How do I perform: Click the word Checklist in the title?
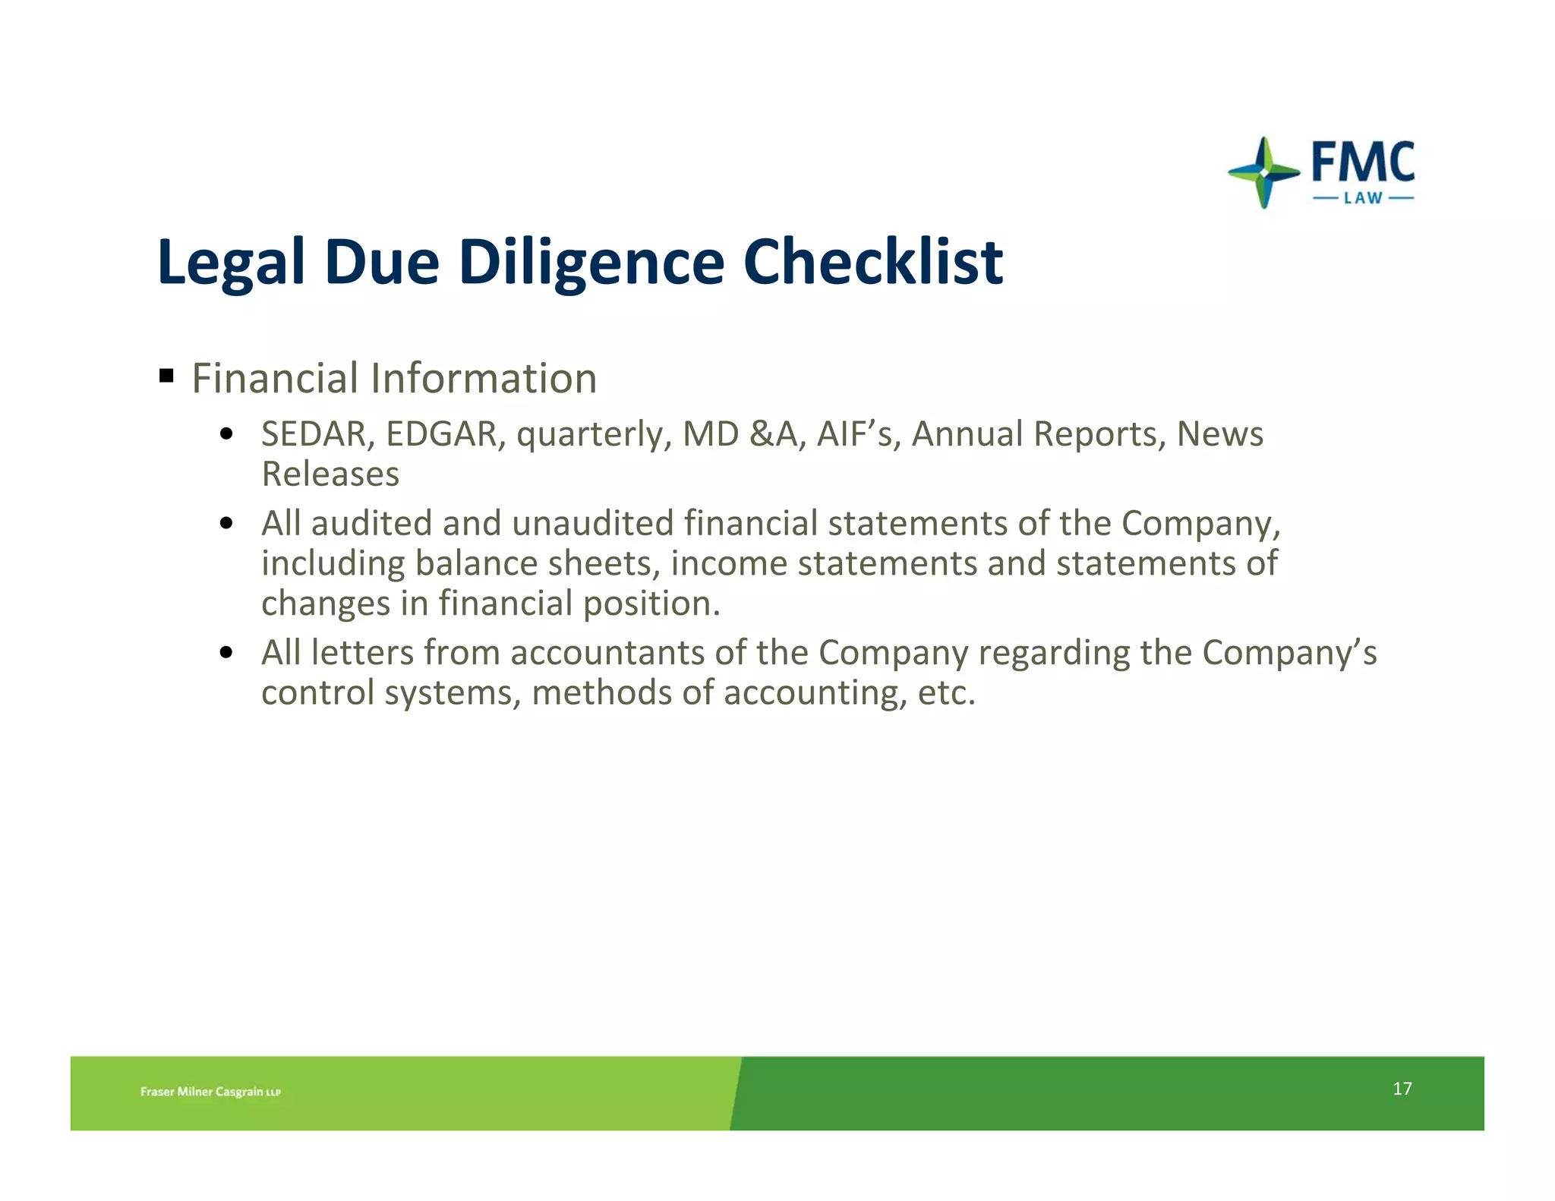pyautogui.click(x=873, y=262)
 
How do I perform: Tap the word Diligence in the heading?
pyautogui.click(x=591, y=262)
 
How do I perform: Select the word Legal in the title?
pyautogui.click(x=231, y=262)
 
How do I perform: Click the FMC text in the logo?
pyautogui.click(x=1363, y=162)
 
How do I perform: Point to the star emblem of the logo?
pyautogui.click(x=1263, y=173)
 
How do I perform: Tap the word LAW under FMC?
pyautogui.click(x=1363, y=198)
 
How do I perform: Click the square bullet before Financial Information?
pyautogui.click(x=167, y=376)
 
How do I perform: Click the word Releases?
pyautogui.click(x=330, y=474)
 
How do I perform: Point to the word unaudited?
pyautogui.click(x=592, y=523)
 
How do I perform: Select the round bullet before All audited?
pyautogui.click(x=226, y=523)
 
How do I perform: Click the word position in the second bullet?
pyautogui.click(x=651, y=604)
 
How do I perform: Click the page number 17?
pyautogui.click(x=1402, y=1089)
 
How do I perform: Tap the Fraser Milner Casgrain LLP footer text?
pyautogui.click(x=210, y=1092)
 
